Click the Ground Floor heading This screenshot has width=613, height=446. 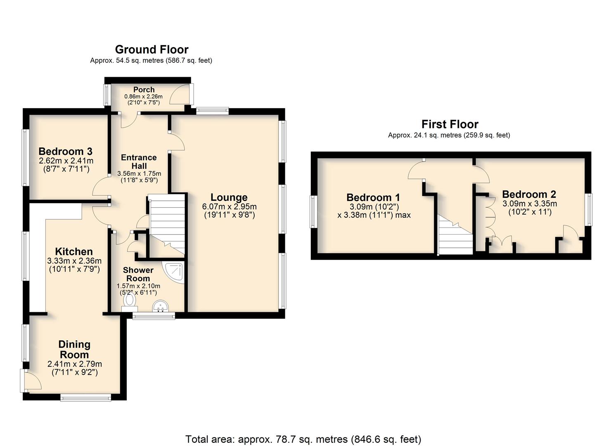pos(151,50)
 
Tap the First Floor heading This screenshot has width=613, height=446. pos(450,124)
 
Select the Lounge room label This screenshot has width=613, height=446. pos(229,197)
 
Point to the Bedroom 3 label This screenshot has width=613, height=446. pos(65,151)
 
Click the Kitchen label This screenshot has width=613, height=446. pos(74,251)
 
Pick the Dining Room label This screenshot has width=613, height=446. pos(74,349)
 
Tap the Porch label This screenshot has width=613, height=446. pos(144,90)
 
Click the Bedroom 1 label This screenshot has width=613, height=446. pos(373,197)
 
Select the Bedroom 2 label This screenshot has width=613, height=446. pos(529,194)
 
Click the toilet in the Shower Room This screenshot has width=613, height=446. pos(130,302)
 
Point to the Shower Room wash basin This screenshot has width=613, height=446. pos(160,306)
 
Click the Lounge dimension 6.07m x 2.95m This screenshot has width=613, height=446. pos(230,206)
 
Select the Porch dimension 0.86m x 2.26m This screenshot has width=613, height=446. pos(143,96)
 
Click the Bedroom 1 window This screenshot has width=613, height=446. pos(312,211)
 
